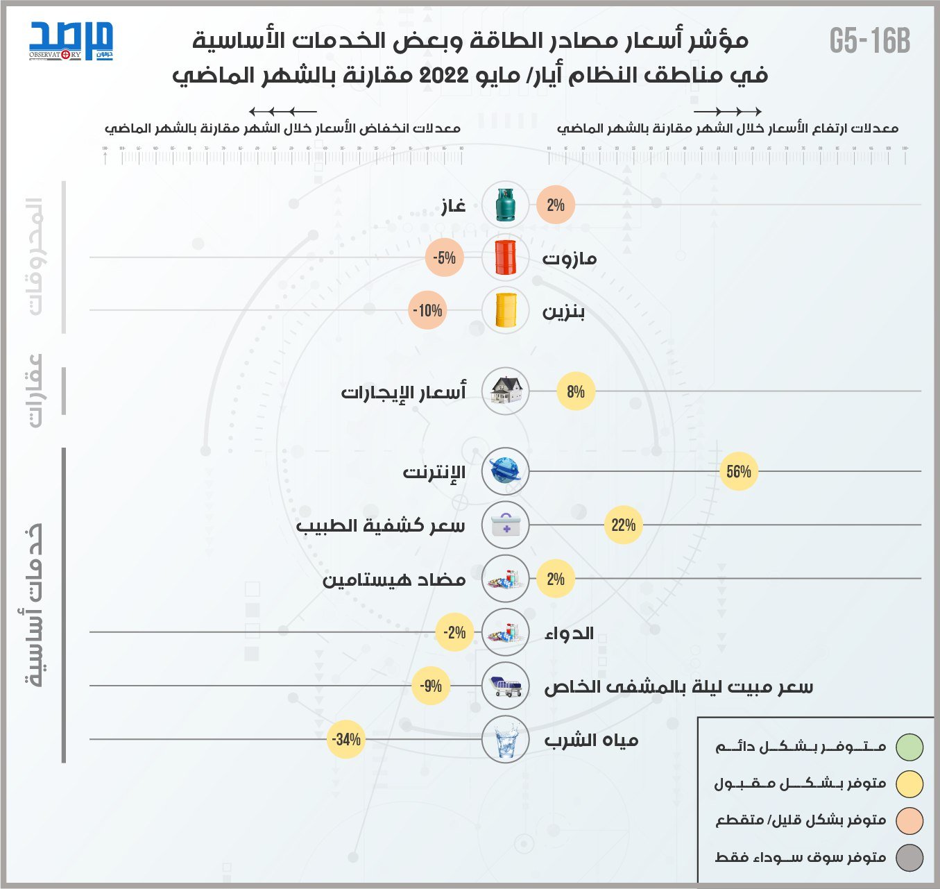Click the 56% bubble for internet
coord(739,472)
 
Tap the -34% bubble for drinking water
coord(345,739)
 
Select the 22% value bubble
coord(623,525)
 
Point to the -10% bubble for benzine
coord(427,310)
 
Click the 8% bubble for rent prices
coord(576,391)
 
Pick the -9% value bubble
coord(431,686)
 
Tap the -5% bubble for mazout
coord(444,257)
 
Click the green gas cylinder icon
coord(506,205)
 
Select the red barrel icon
coord(506,257)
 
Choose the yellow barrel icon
coord(506,310)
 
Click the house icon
coord(506,391)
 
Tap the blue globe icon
coord(506,472)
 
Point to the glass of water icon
coord(506,739)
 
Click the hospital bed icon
coord(506,686)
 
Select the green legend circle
coord(909,747)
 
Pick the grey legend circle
coord(909,858)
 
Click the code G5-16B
coord(869,42)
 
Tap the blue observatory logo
coord(71,41)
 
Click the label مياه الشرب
coord(591,740)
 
